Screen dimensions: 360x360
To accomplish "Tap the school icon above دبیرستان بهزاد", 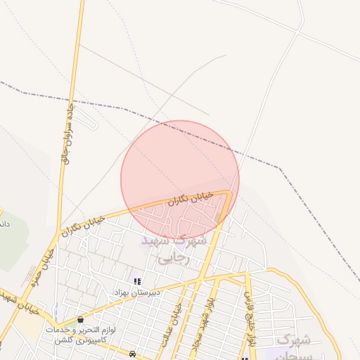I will pyautogui.click(x=136, y=281).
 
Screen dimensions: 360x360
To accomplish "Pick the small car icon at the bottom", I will pyautogui.click(x=133, y=353).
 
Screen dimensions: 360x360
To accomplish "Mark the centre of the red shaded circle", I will pyautogui.click(x=180, y=180).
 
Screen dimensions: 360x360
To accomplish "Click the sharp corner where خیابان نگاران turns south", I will pyautogui.click(x=231, y=191).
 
